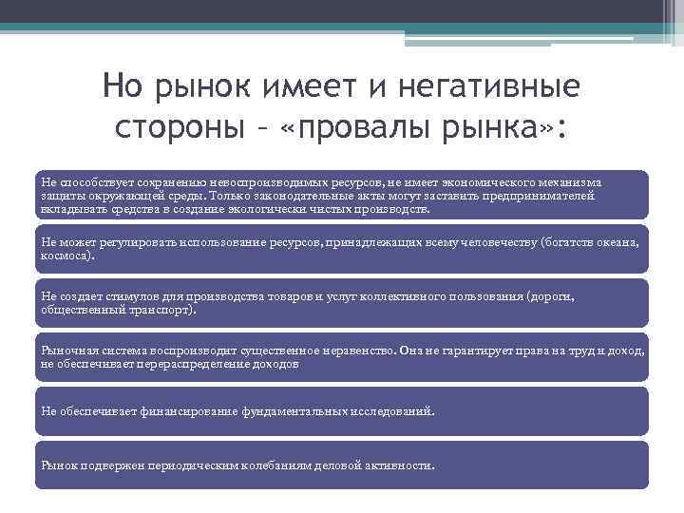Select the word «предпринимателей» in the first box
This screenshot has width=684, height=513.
click(541, 195)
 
